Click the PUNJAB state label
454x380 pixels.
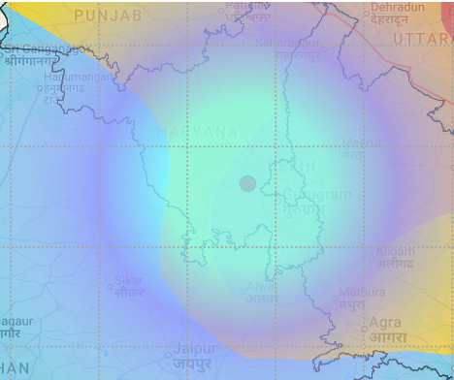click(x=108, y=16)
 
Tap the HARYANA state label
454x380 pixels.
click(x=198, y=131)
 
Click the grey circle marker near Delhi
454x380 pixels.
click(x=247, y=183)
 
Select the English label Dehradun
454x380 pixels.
click(x=398, y=8)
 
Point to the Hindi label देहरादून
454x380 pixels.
click(x=398, y=19)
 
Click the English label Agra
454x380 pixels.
click(x=385, y=323)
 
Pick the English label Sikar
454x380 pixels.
click(x=128, y=281)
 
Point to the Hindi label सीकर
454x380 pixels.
click(x=128, y=292)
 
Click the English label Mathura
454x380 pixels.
click(x=363, y=292)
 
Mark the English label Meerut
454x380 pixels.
click(x=360, y=143)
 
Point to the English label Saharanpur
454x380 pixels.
click(x=288, y=44)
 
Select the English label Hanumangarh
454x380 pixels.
click(x=77, y=77)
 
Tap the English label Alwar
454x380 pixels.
click(x=259, y=287)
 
